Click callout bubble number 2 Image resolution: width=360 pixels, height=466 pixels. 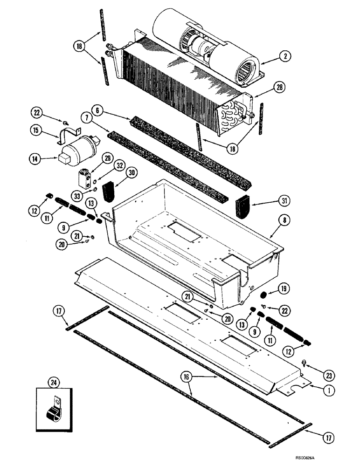284,56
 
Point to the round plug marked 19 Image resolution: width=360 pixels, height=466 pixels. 262,295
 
